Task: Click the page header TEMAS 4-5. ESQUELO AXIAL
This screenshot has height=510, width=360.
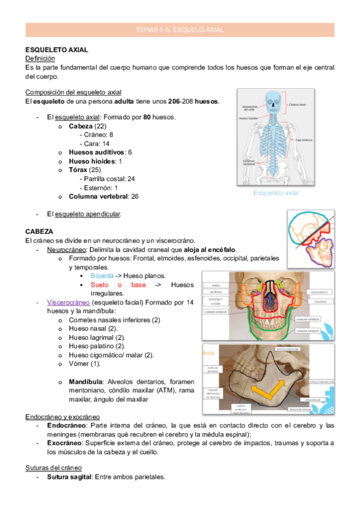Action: [x=180, y=28]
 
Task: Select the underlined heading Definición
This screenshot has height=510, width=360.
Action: [x=40, y=58]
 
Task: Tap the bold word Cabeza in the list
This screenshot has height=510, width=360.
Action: [x=81, y=126]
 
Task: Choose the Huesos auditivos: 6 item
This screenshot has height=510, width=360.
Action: [x=100, y=153]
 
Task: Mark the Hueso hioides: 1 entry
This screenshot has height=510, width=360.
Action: [x=96, y=161]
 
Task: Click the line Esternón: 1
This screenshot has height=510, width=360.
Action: [x=100, y=188]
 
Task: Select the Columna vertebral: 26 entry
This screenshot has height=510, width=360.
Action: [x=104, y=196]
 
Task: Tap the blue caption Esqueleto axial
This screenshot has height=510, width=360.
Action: [x=276, y=193]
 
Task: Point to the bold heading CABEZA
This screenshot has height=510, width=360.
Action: [x=40, y=231]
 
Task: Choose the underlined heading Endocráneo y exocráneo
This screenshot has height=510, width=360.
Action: [x=63, y=417]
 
